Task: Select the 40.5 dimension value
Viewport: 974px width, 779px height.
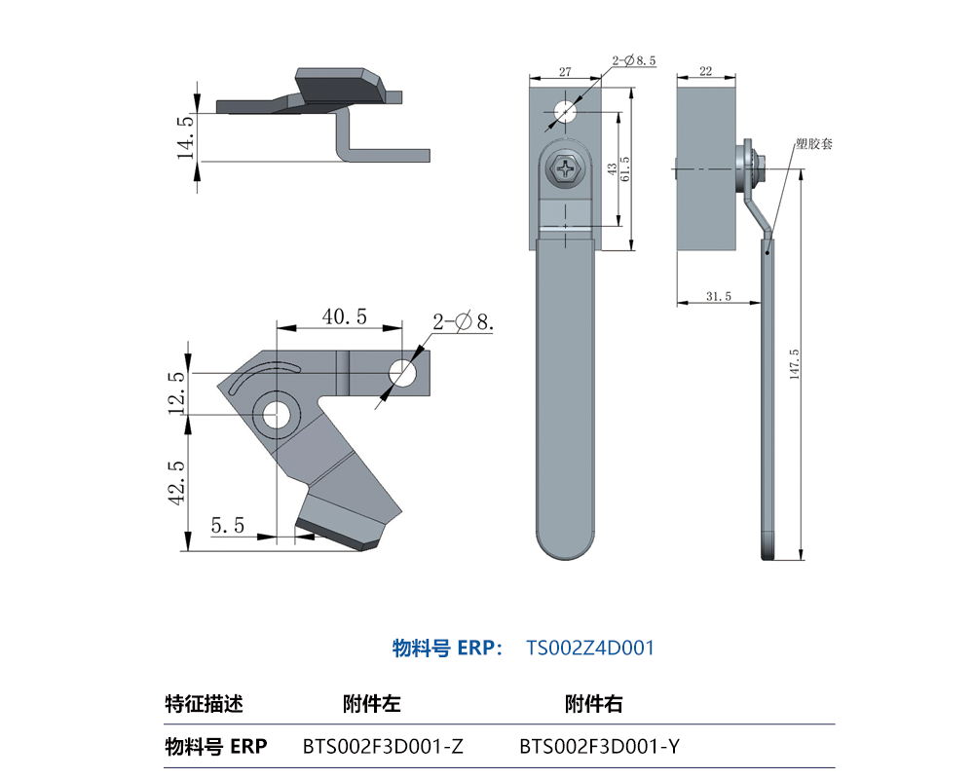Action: tap(344, 316)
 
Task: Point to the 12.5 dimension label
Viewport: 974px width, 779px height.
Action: tap(175, 392)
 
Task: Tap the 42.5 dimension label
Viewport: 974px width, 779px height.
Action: tap(175, 482)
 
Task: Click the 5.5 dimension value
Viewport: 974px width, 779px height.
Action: tap(227, 526)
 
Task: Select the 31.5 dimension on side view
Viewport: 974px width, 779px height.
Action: tap(717, 296)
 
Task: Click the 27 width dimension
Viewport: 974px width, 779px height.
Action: tap(565, 71)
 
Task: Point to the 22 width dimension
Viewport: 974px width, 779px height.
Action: tap(705, 71)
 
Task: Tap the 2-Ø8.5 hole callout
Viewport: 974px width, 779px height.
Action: tap(634, 60)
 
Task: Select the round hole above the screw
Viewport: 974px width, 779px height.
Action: tap(564, 113)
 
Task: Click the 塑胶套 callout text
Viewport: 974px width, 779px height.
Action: tap(812, 143)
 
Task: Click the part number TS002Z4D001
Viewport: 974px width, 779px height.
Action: tap(590, 648)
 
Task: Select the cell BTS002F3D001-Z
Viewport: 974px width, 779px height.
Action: tap(383, 747)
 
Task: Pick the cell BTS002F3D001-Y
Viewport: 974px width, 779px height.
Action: tap(599, 747)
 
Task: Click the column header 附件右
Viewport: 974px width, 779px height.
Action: tap(593, 703)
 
